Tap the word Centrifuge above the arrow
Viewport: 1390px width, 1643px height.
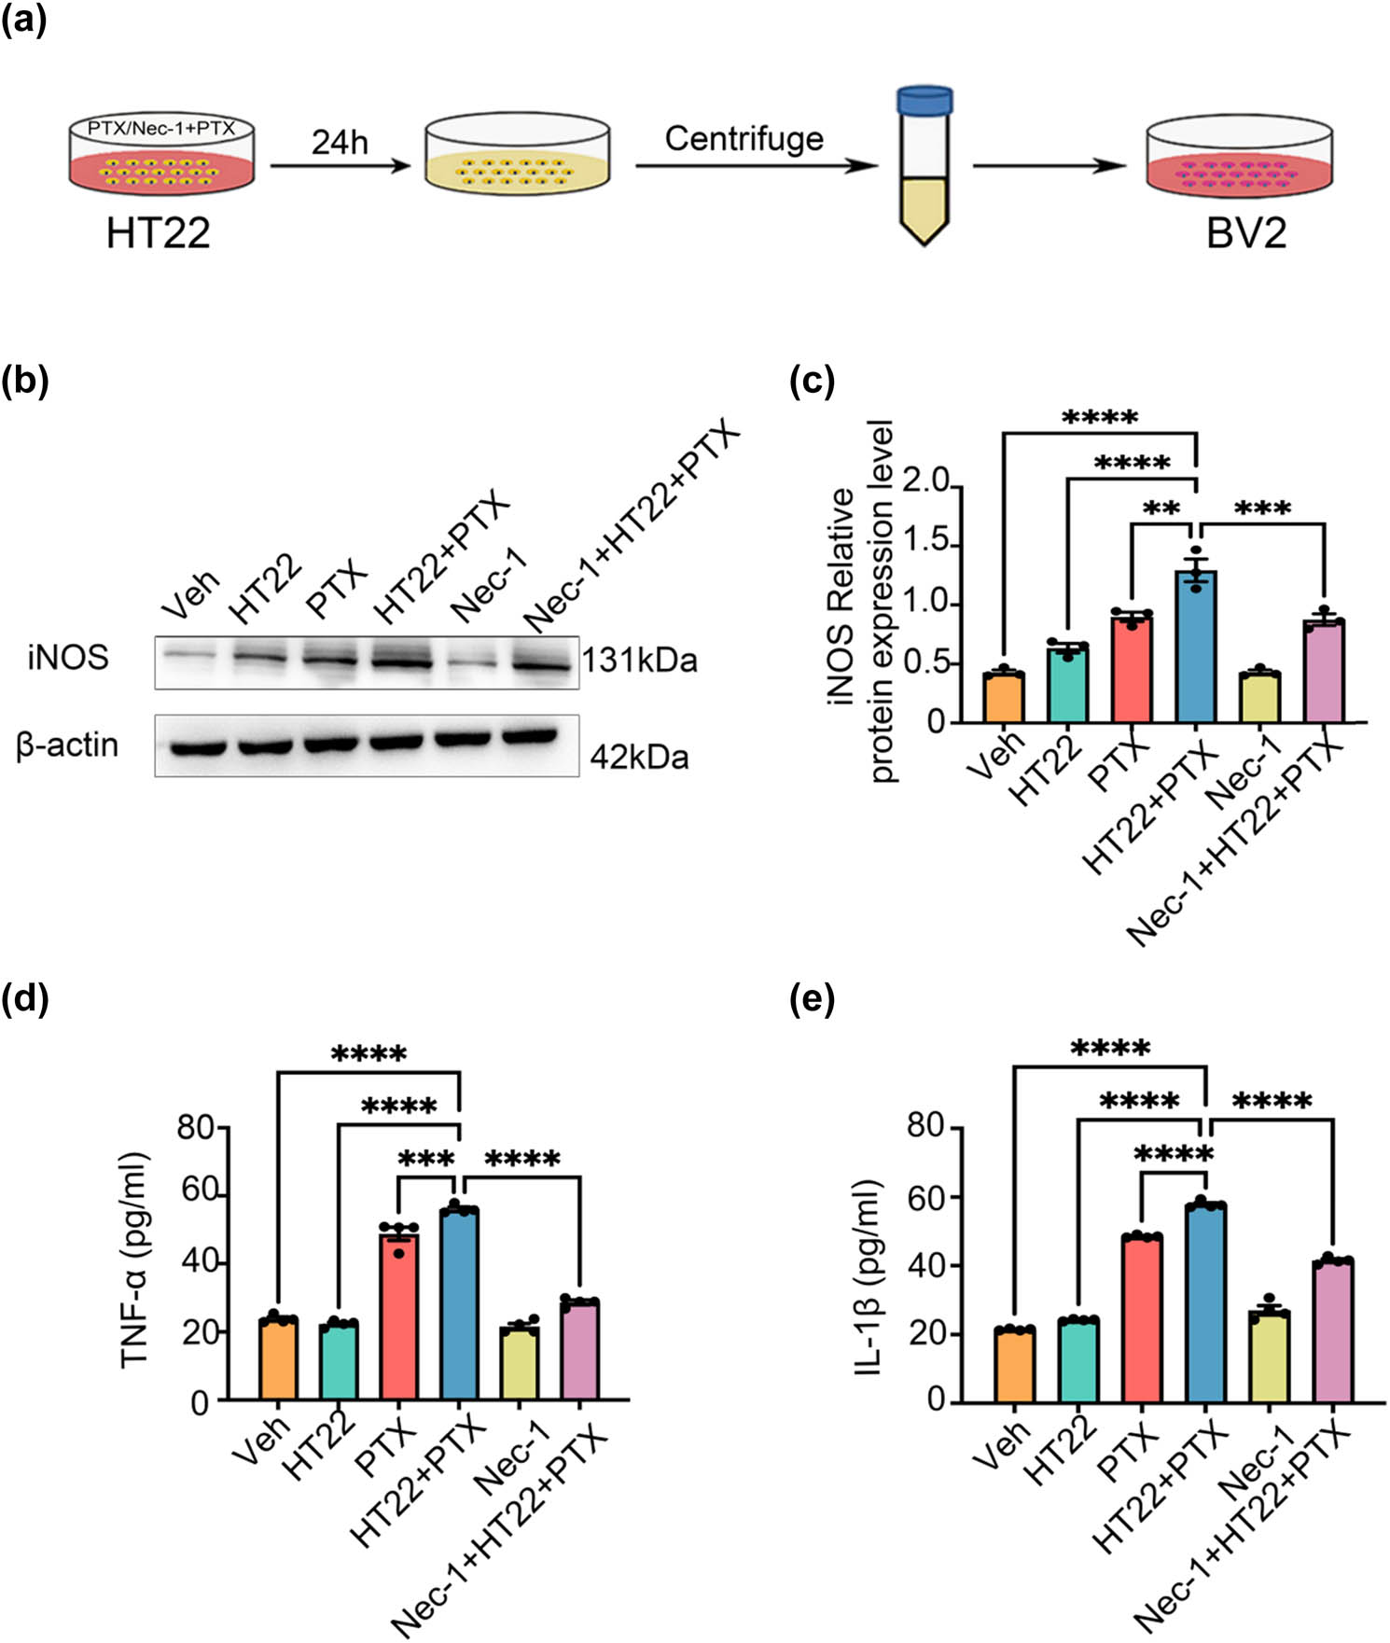coord(744,139)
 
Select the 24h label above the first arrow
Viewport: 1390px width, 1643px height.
coord(340,143)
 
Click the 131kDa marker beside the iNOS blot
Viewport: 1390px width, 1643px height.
coord(640,661)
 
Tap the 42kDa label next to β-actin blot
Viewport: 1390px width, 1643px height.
coord(639,757)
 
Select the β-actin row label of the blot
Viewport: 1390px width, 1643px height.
coord(67,745)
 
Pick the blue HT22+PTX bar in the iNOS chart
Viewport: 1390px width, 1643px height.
coord(1196,648)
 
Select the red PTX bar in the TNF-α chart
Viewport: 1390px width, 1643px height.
coord(399,1316)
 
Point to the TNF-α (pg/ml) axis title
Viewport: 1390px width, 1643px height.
coord(135,1261)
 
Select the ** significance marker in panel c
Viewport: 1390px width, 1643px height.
coord(1161,509)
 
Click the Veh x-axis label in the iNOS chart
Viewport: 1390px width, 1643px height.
coord(995,755)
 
